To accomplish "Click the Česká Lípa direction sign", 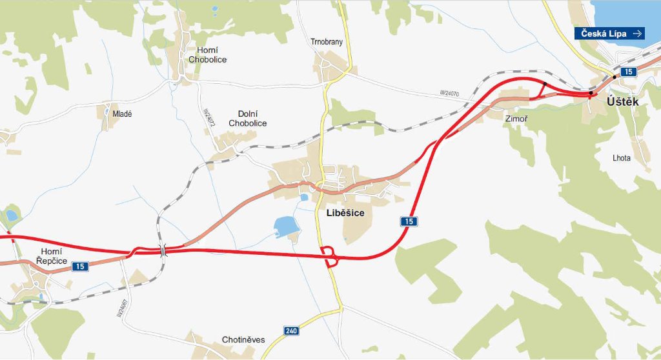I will click(x=609, y=34).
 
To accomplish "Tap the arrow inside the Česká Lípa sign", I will click(x=637, y=34).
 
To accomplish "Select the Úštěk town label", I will click(x=623, y=102).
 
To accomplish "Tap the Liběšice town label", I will click(x=337, y=212).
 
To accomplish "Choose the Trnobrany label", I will click(x=326, y=43).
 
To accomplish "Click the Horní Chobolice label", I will click(x=207, y=55).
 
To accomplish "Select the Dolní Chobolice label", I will click(x=247, y=119).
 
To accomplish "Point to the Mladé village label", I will click(x=122, y=114).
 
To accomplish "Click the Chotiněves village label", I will click(x=243, y=339).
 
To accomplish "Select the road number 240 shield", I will click(x=291, y=331).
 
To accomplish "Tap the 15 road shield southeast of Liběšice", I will click(x=409, y=221).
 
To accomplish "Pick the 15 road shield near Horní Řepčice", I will click(x=79, y=266).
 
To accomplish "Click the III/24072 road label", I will click(x=207, y=117).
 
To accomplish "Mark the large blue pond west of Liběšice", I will click(x=285, y=227).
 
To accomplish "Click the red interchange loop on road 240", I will click(x=329, y=255).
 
